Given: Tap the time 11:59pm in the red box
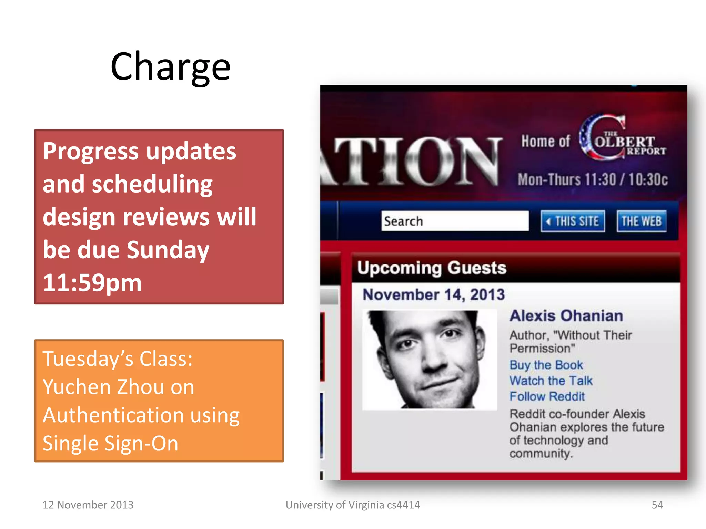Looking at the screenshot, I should point(92,282).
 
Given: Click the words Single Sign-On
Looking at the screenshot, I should point(110,443).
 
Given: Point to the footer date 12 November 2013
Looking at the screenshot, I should point(88,505).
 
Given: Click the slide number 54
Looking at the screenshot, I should point(657,505).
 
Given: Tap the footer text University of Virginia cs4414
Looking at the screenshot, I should point(353,505).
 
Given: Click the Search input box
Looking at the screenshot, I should point(454,221).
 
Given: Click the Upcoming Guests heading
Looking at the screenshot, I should point(432,268).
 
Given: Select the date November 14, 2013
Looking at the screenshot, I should point(434,295).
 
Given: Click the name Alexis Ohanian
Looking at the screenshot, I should point(566,316).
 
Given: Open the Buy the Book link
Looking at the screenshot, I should point(546,365).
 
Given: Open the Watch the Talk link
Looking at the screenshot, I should point(551,381).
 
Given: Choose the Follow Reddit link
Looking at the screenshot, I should point(547,396).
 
